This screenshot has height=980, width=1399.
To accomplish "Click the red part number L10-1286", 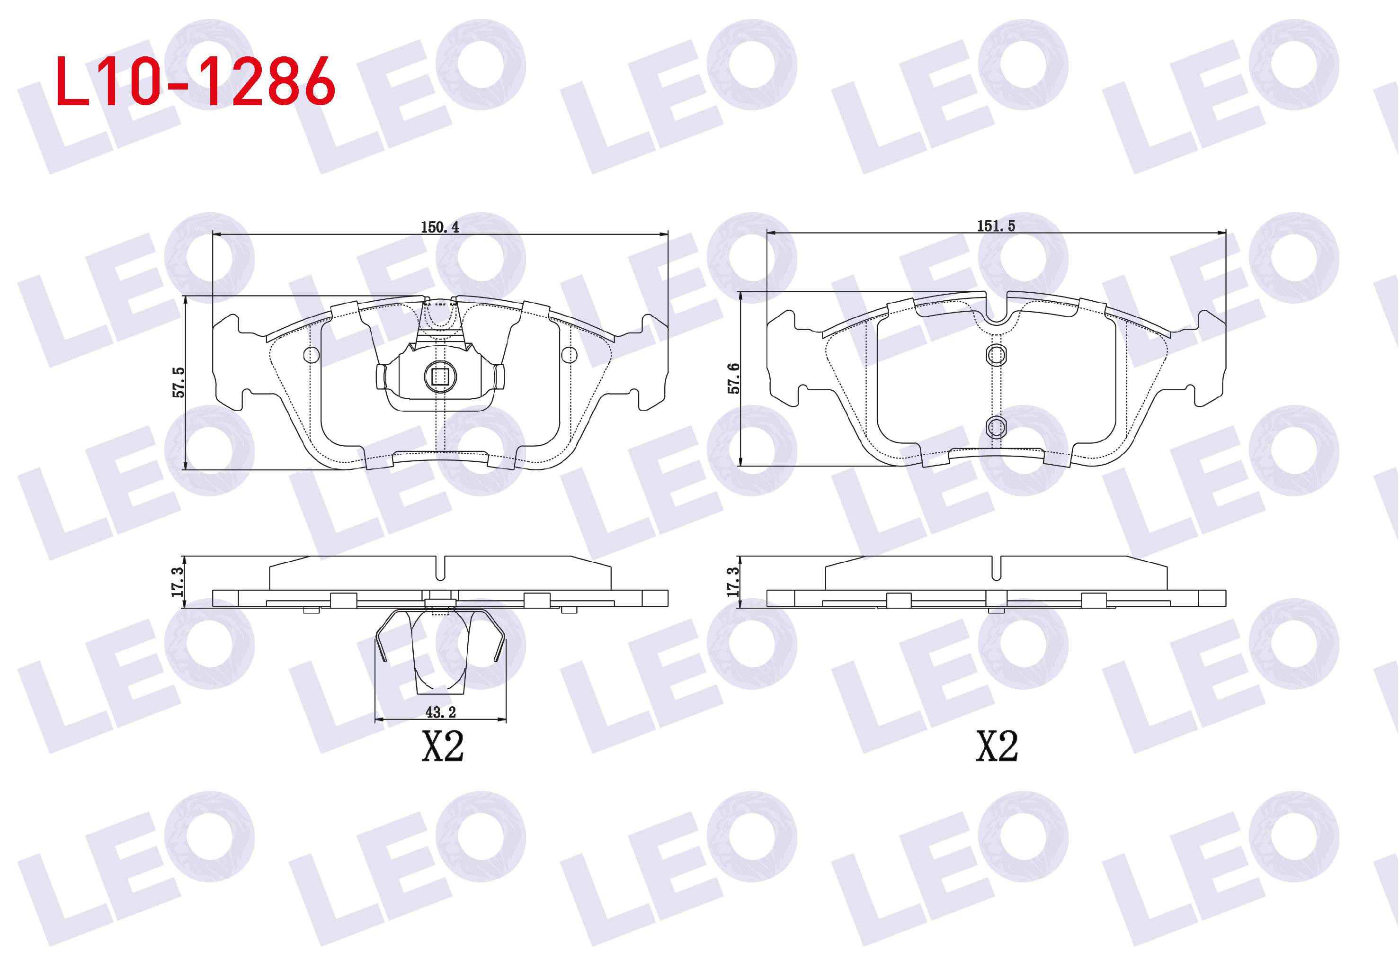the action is click(x=195, y=81).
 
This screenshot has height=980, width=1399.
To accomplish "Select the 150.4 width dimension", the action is click(x=439, y=227).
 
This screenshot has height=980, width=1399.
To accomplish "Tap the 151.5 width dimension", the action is click(x=996, y=226).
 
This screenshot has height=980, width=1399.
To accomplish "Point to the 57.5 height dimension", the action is click(x=178, y=382).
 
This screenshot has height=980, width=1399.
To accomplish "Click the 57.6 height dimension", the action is click(x=734, y=378).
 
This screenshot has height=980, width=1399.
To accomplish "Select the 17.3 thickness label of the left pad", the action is click(x=177, y=582).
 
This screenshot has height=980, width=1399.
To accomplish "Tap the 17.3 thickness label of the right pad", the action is click(x=732, y=582).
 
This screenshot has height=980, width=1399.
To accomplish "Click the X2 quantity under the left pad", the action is click(x=443, y=746).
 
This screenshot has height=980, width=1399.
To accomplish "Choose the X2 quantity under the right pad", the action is click(x=997, y=746).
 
